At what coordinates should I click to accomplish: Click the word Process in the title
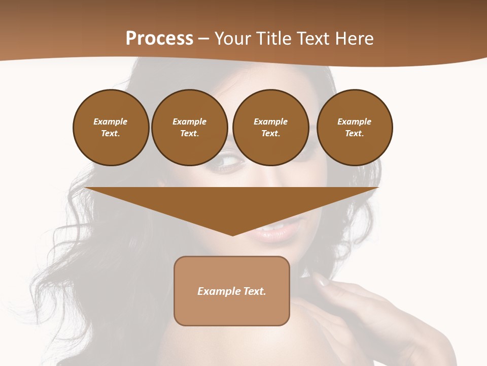click(x=159, y=39)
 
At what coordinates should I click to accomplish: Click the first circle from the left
click(x=111, y=128)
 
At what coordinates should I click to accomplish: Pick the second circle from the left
click(x=189, y=128)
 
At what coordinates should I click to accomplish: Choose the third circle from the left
click(x=270, y=128)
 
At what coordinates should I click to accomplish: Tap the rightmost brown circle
click(x=354, y=128)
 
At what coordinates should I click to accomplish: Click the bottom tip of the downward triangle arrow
click(x=232, y=234)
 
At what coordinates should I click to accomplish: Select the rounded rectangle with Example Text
click(x=232, y=291)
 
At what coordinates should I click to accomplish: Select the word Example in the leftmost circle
click(x=111, y=122)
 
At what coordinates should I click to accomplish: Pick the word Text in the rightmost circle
click(x=354, y=134)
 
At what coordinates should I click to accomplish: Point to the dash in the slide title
click(x=204, y=39)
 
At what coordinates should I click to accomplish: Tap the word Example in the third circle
click(x=270, y=122)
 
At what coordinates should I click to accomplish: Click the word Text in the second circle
click(x=189, y=134)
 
